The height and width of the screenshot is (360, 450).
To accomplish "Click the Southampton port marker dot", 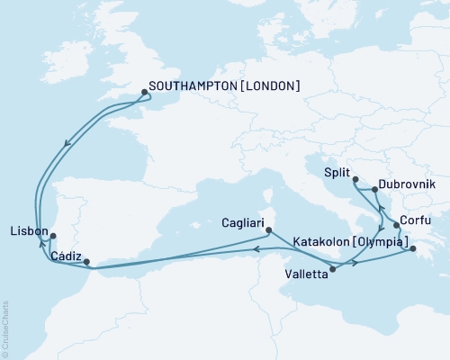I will tap(145, 91).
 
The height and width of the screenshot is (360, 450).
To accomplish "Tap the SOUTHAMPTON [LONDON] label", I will tap(224, 86).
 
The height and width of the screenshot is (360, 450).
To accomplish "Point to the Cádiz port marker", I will tap(87, 263).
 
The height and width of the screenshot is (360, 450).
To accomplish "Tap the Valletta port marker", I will tap(333, 268).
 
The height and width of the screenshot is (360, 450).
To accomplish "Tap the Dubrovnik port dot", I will tap(374, 191).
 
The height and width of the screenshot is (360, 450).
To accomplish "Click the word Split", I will tap(335, 169).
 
